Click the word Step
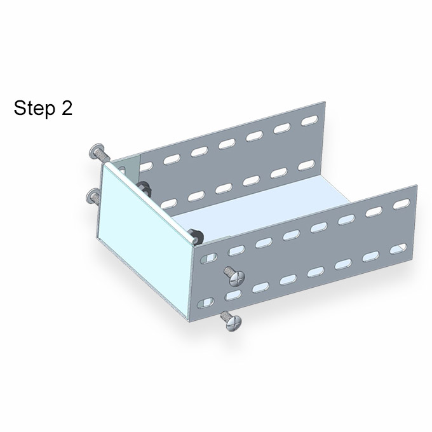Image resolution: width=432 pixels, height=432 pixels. click(35, 108)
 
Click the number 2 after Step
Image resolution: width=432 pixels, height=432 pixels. click(67, 108)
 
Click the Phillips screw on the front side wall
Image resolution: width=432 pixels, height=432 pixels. click(234, 276)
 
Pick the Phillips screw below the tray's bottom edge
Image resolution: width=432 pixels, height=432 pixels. click(232, 320)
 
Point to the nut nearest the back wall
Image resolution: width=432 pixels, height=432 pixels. click(144, 188)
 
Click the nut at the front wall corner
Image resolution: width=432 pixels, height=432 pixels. click(195, 236)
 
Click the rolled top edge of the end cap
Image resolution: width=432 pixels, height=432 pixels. click(150, 203)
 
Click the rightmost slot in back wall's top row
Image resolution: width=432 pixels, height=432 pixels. click(309, 121)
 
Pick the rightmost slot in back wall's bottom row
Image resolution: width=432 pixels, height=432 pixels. click(307, 165)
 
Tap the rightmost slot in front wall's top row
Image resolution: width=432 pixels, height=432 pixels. click(402, 204)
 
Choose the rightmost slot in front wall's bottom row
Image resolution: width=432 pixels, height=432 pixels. click(398, 248)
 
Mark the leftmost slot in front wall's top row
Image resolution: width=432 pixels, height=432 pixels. click(208, 258)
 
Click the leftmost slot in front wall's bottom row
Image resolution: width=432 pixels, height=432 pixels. click(206, 303)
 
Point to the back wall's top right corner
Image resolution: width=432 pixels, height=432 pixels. click(325, 102)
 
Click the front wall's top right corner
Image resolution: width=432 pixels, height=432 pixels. click(417, 186)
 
